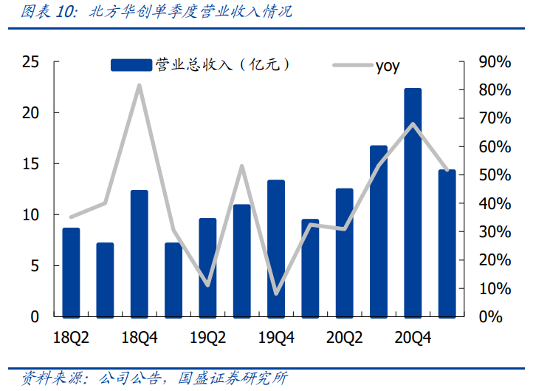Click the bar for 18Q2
click(71, 272)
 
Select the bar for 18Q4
click(140, 253)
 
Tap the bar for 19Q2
click(207, 267)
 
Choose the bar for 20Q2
click(345, 252)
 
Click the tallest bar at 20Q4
click(413, 202)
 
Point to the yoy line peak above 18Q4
click(140, 86)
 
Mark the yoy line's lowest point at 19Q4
click(276, 293)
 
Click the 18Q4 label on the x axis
click(140, 339)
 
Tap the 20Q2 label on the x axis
click(345, 339)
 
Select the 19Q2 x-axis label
click(207, 339)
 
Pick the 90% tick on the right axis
click(495, 62)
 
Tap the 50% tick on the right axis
click(495, 175)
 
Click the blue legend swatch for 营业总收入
click(131, 65)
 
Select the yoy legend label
click(388, 65)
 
